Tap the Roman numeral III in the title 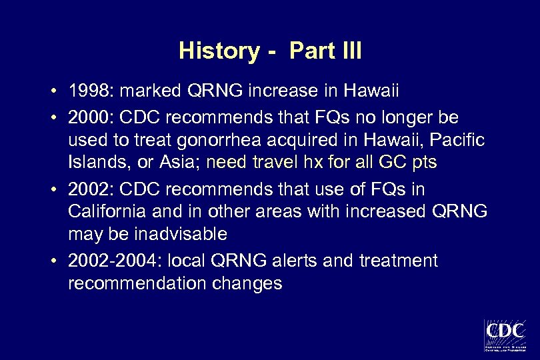347,51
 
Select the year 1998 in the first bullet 87,90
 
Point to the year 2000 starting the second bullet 87,118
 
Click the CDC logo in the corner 505,333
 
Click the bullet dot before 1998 59,91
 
